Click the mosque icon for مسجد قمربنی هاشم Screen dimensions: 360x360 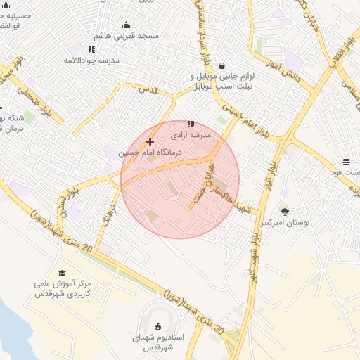[x=127, y=25]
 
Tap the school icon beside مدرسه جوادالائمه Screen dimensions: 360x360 [x=91, y=49]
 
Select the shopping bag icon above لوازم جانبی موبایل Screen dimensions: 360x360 [x=222, y=65]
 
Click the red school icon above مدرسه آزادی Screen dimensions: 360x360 [x=190, y=124]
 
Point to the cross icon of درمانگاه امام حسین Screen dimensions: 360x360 [x=150, y=141]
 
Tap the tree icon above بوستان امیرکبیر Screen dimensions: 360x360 [x=285, y=212]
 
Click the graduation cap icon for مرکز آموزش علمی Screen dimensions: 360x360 [x=62, y=274]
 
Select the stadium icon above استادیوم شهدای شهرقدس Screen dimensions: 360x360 [x=157, y=326]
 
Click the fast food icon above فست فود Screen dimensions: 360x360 [x=346, y=162]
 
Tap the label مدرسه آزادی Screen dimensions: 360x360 [x=188, y=134]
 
